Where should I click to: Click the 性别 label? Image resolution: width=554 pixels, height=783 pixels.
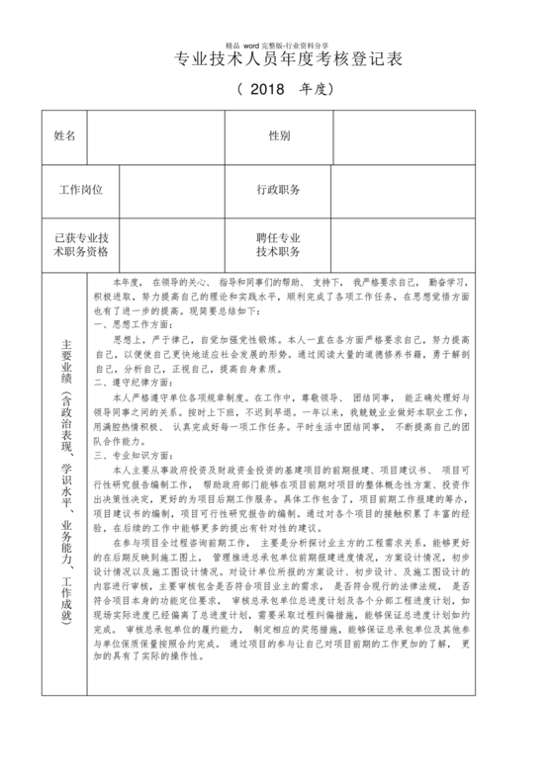pos(279,134)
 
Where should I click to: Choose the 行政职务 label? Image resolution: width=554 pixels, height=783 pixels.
pos(279,189)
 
